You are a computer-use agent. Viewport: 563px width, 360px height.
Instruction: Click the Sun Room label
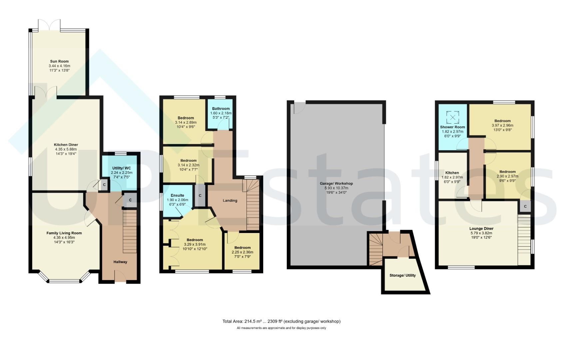59,61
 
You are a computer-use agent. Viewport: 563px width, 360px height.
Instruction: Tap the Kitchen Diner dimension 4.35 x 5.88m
66,149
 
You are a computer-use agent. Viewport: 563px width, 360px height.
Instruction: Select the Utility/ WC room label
122,168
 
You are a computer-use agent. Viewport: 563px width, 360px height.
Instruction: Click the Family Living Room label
64,233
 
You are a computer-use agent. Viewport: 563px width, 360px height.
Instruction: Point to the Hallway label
120,262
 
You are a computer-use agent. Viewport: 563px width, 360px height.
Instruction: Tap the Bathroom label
221,109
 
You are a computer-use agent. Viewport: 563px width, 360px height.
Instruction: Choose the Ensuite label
178,195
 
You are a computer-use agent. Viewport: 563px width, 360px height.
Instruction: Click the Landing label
230,201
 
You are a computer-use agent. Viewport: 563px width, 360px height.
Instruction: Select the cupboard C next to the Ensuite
200,195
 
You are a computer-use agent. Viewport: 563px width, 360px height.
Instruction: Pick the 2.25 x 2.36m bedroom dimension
243,252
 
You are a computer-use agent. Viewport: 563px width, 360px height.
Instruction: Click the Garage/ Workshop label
336,184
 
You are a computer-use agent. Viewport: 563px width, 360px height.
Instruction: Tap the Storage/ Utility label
403,275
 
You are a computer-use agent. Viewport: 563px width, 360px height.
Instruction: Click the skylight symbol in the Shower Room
453,117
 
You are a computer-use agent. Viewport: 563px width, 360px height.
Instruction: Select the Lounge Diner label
481,229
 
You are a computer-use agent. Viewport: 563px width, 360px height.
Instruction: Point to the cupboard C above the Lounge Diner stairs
525,207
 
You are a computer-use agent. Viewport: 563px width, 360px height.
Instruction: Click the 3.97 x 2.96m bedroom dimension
502,125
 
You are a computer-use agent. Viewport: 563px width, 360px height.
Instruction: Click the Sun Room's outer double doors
49,25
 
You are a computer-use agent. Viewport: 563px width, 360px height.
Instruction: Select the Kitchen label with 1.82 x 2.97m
452,173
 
